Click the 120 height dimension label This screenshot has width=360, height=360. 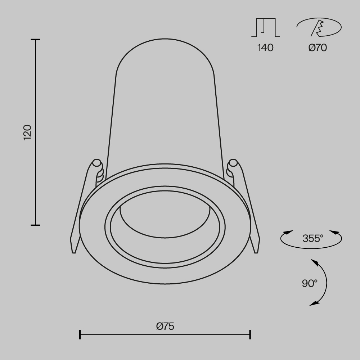click(x=28, y=132)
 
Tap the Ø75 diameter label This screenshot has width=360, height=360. click(x=165, y=326)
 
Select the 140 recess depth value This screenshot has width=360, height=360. click(x=265, y=48)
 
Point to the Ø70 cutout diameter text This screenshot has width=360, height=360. click(x=318, y=48)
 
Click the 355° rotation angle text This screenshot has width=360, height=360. click(x=312, y=238)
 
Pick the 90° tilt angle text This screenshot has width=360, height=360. click(x=310, y=283)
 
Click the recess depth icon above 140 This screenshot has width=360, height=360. click(x=265, y=28)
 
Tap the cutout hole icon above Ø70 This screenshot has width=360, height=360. click(x=319, y=28)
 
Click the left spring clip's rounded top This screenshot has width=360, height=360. click(x=96, y=163)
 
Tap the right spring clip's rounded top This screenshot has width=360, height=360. click(x=233, y=163)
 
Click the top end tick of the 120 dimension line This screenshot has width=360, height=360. click(x=35, y=40)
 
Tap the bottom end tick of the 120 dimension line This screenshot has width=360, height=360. click(x=35, y=225)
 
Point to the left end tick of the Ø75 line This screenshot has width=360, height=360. click(x=80, y=334)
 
